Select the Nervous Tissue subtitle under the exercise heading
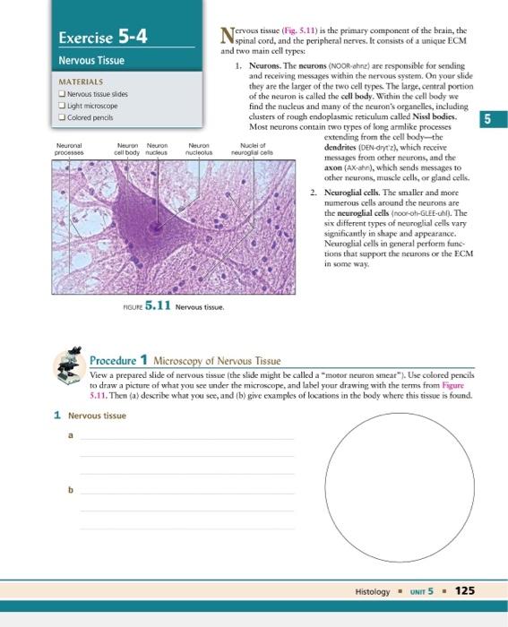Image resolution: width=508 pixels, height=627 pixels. [x=91, y=61]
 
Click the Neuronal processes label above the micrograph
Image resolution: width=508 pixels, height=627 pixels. [x=70, y=150]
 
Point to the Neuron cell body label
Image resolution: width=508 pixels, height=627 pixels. [x=128, y=150]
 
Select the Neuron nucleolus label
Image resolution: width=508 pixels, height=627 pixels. [x=199, y=150]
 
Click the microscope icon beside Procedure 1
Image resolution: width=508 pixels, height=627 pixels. [x=68, y=367]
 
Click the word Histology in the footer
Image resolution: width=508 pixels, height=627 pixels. [x=373, y=592]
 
